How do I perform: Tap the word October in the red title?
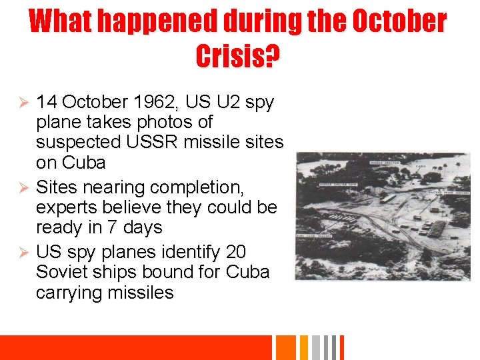point(399,21)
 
